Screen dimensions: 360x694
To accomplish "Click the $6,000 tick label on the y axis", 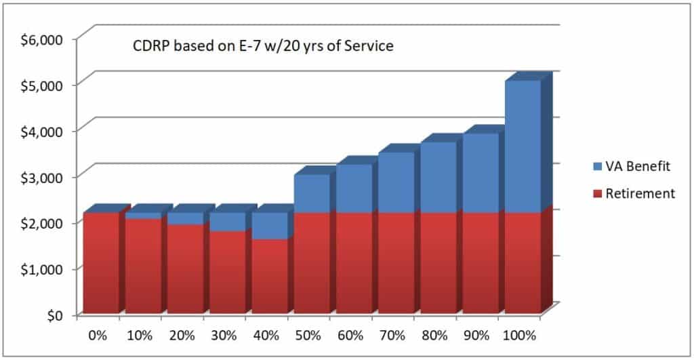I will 40,39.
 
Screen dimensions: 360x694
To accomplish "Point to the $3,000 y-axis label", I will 40,177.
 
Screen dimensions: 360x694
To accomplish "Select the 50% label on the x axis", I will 310,335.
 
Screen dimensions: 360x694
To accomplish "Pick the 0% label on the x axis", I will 100,335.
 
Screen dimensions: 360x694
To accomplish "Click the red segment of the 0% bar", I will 100,264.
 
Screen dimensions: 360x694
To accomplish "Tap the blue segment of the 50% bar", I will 311,194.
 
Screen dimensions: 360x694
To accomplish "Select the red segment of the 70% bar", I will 395,264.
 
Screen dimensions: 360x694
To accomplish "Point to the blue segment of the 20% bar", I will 184,218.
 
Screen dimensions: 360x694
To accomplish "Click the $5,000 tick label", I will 40,85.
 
